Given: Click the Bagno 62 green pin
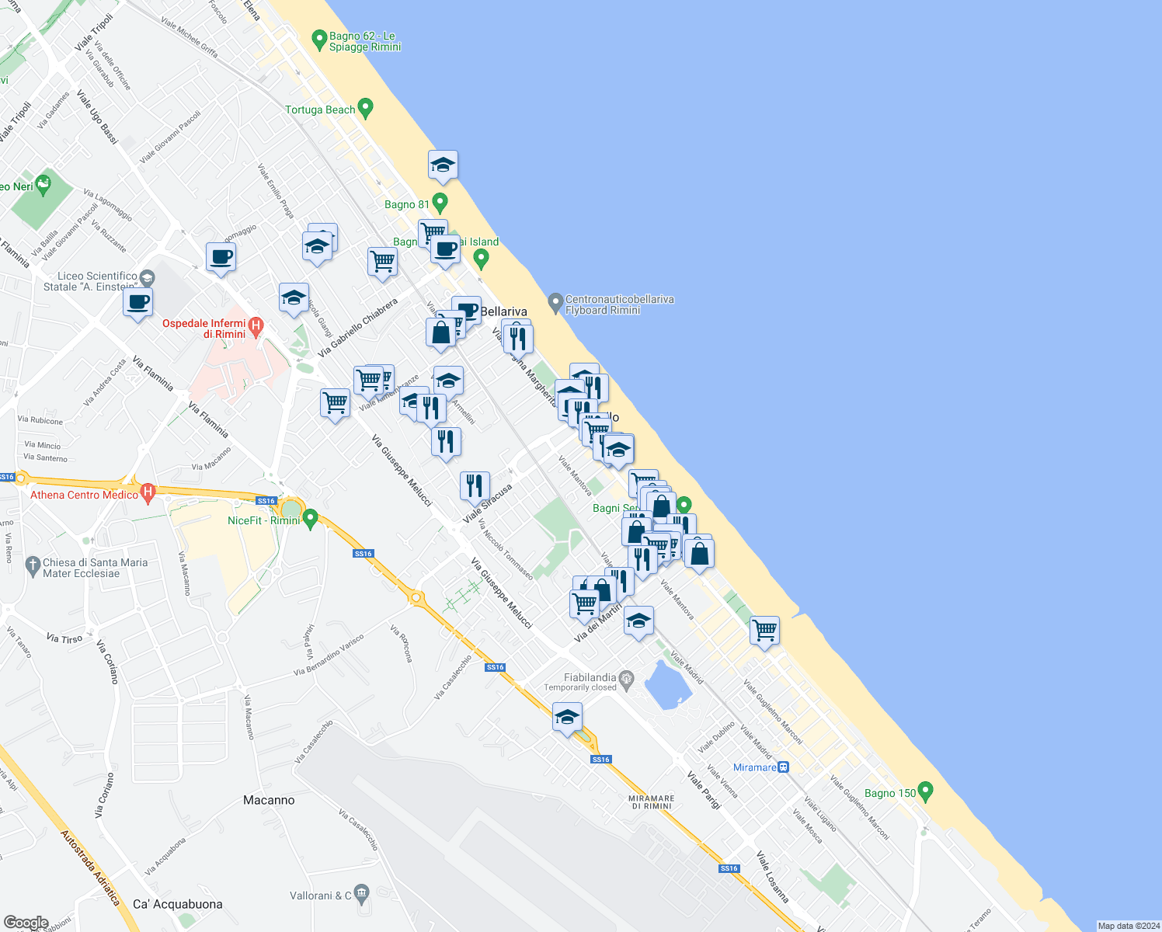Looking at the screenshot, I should click(318, 39).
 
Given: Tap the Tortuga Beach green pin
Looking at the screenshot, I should click(366, 108).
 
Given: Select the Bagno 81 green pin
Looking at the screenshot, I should click(440, 203).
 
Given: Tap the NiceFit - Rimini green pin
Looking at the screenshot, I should click(311, 517).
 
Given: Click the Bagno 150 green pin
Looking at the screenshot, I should click(925, 791).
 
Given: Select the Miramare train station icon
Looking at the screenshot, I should click(785, 767).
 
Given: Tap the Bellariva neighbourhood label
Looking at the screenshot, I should click(504, 311).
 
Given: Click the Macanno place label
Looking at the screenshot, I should click(269, 800).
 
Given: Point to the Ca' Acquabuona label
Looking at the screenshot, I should click(178, 904).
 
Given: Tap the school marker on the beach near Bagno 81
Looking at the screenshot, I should click(443, 165).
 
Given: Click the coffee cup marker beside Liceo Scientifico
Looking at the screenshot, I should click(137, 302).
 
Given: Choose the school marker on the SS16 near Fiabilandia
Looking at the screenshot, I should click(567, 716).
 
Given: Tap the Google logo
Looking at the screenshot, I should click(26, 923).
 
